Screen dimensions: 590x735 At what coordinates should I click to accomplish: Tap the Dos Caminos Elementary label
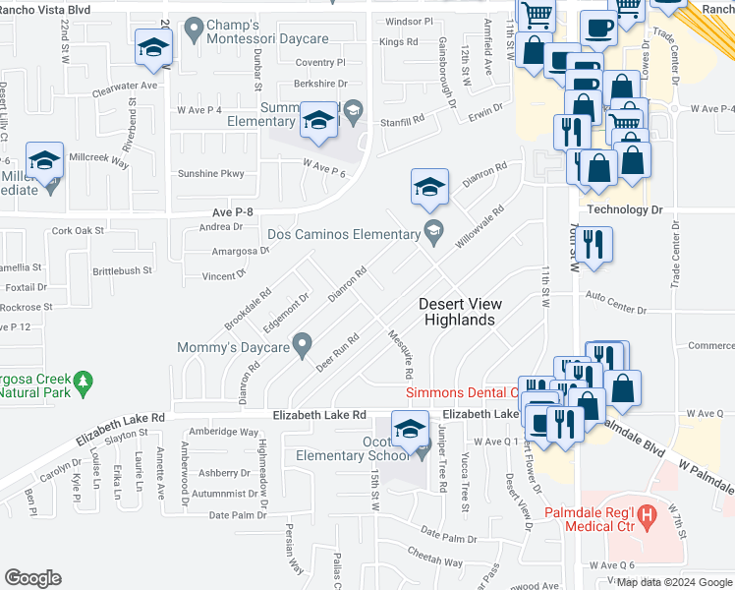point(344,234)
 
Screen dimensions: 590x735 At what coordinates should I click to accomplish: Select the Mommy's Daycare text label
point(233,347)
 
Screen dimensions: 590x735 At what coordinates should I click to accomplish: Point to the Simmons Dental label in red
point(462,392)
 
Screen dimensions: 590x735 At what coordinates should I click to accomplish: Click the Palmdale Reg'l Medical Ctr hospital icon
point(647,513)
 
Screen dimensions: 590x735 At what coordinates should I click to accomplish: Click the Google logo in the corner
point(32,578)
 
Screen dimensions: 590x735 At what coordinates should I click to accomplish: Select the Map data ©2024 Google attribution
point(674,582)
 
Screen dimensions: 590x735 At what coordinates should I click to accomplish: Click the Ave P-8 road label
point(233,211)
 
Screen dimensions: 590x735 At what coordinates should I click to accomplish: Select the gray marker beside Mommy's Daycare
point(303,346)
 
